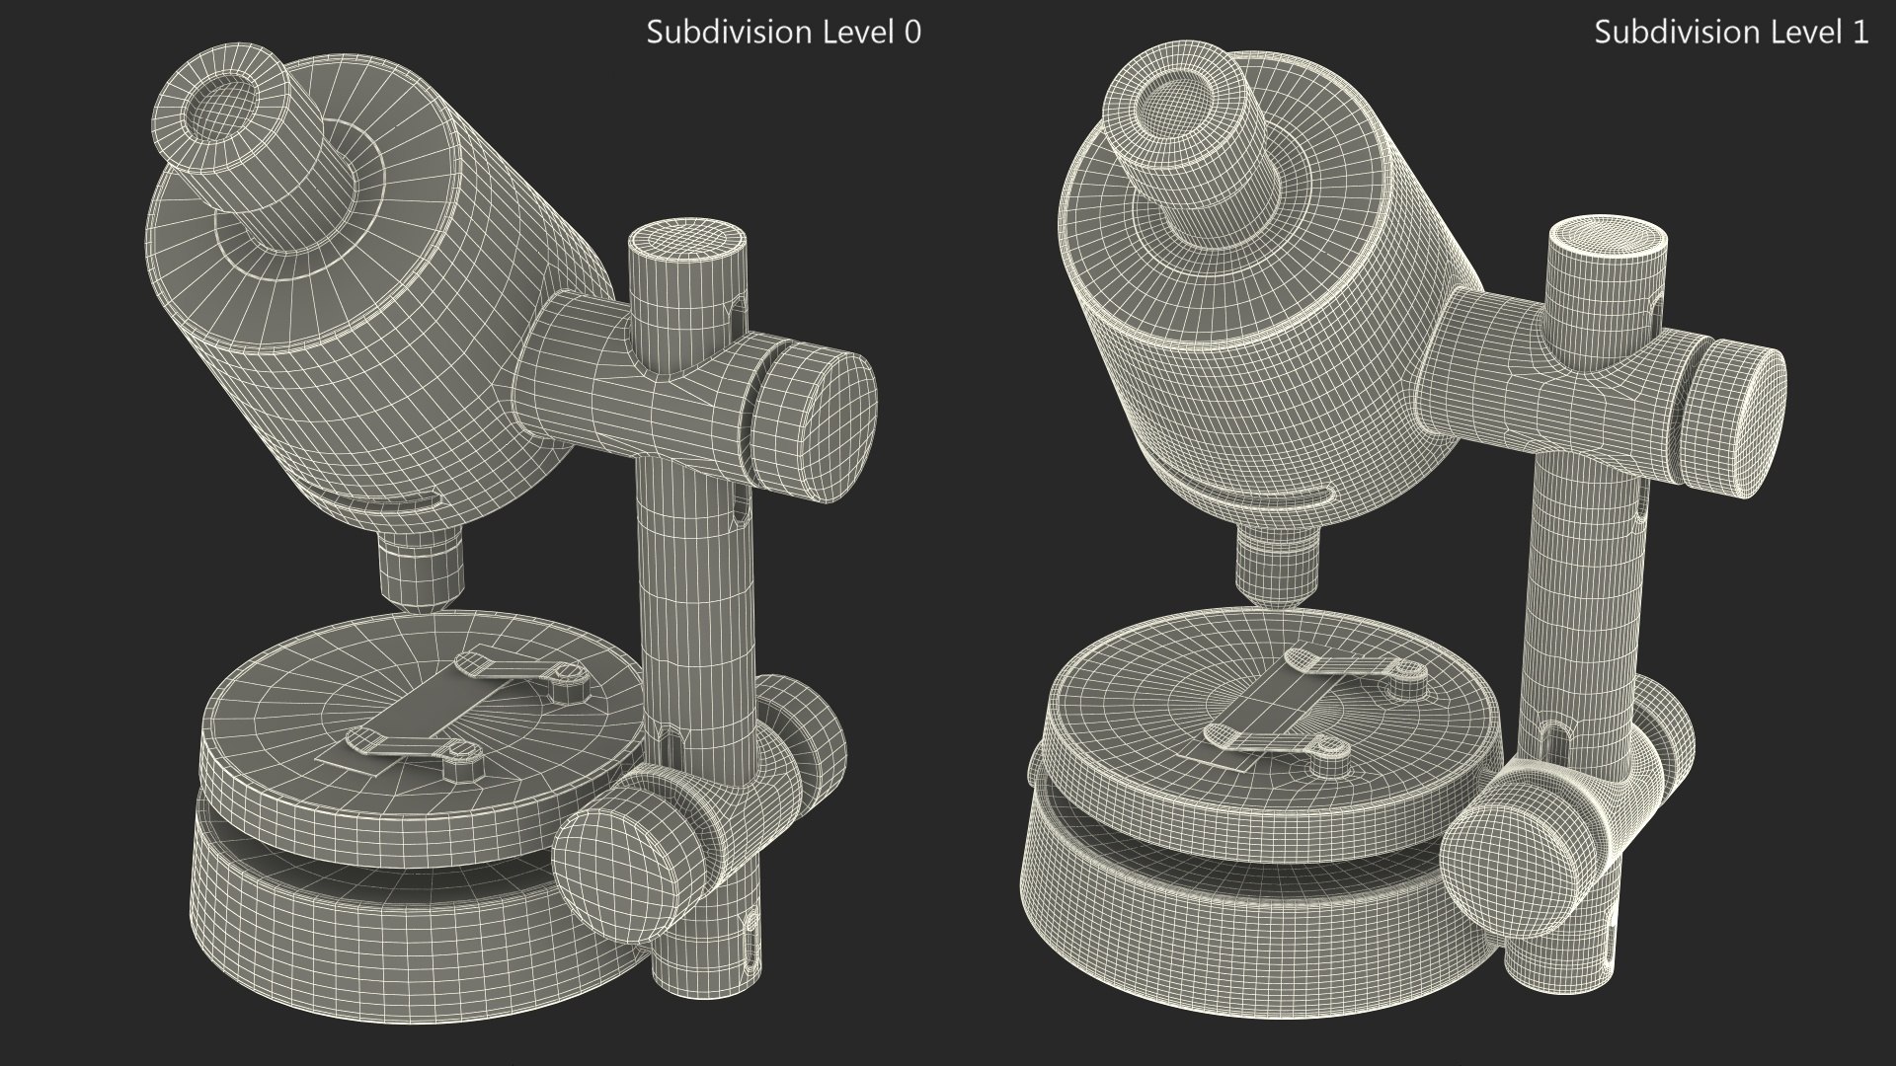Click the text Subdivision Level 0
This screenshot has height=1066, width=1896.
pos(783,33)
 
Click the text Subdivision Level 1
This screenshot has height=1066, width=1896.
pos(1731,33)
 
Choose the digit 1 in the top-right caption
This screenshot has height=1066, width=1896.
pos(1859,33)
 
